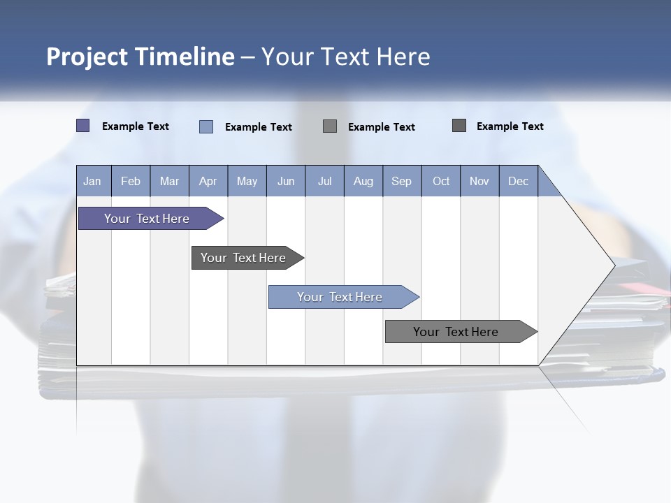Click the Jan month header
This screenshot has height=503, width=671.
point(92,181)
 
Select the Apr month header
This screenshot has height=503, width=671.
point(208,181)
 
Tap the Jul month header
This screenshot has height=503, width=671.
point(324,181)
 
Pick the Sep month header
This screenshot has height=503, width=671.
point(401,181)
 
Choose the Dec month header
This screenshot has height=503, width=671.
point(518,181)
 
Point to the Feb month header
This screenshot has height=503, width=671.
point(131,181)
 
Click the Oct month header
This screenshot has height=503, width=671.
point(441,181)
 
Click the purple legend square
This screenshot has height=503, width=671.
point(83,126)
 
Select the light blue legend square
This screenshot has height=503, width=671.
point(206,126)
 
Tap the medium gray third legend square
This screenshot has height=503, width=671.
point(330,126)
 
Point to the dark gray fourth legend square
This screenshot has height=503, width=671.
point(459,126)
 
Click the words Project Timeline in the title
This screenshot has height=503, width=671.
point(140,57)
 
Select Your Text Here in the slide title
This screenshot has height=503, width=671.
point(345,57)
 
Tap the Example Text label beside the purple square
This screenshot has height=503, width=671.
point(136,126)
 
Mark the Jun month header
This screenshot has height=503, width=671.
point(286,181)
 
